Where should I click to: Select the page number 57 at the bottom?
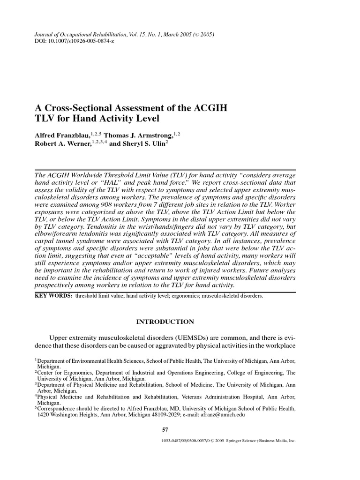165,429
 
